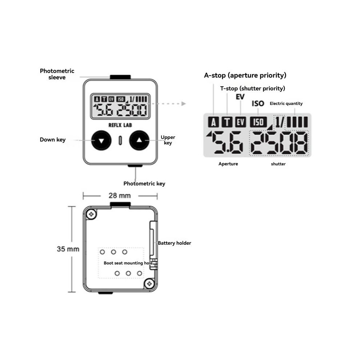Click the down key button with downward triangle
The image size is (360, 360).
pos(101,140)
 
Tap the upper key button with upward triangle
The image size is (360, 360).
pos(139,140)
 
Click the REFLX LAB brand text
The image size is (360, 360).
pos(120,125)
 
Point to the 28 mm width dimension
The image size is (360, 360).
pos(120,196)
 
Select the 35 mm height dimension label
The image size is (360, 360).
pos(68,249)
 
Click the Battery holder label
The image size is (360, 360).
pos(174,243)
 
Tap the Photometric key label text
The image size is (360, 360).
pos(144,184)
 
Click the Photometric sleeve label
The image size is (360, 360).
pos(57,74)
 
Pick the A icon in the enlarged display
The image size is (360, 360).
pos(213,122)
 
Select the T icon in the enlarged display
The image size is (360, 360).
pos(227,122)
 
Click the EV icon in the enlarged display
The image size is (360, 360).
pos(240,122)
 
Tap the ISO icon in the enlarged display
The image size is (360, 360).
pos(258,122)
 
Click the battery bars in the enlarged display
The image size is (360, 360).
pos(297,122)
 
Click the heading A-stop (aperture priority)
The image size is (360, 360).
pos(245,75)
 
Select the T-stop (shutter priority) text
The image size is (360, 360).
pos(253,88)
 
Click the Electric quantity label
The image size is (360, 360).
pos(286,104)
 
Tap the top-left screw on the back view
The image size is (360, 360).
pos(91,214)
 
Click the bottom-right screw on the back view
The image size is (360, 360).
pos(149,284)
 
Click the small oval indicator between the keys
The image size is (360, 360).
pos(120,140)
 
